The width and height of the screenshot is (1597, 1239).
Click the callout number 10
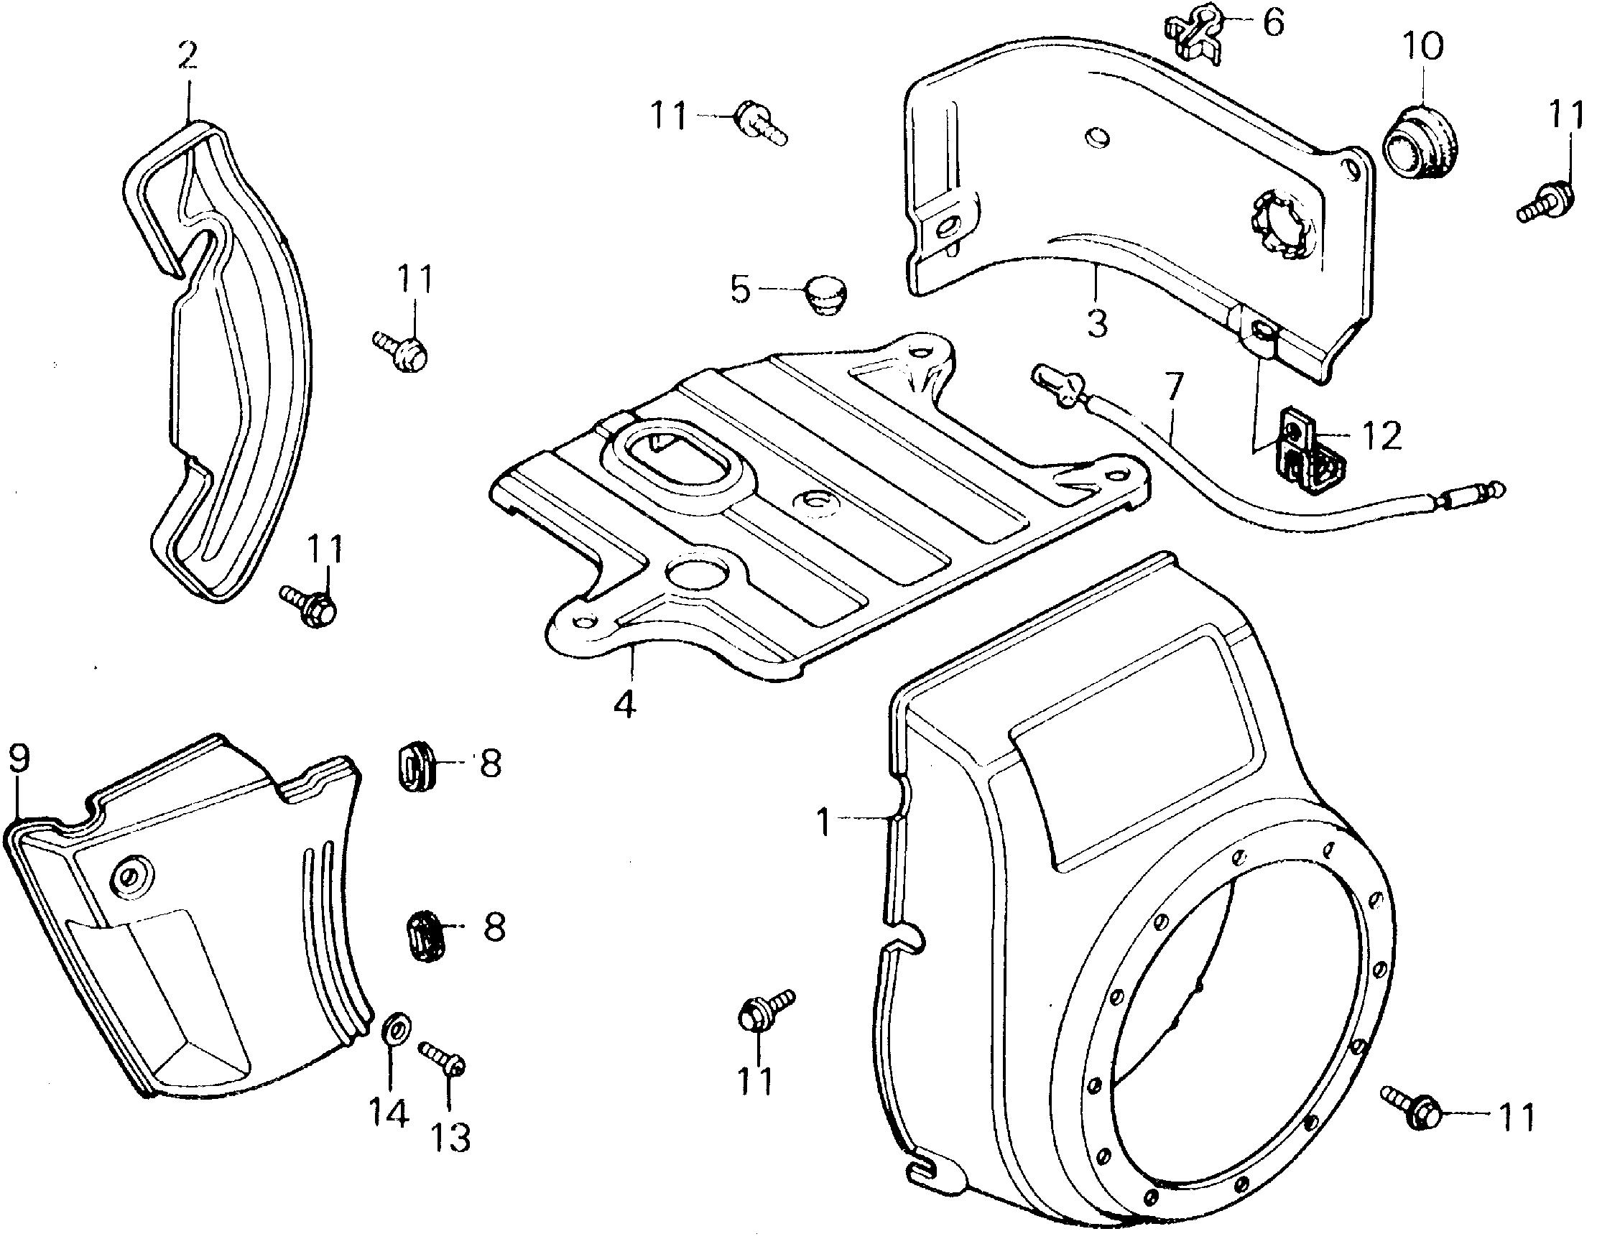(1422, 47)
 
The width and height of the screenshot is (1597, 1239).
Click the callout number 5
(740, 290)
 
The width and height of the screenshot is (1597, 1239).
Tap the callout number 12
(1381, 437)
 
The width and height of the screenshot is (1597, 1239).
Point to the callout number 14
(387, 1114)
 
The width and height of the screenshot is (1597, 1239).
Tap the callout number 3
(1097, 322)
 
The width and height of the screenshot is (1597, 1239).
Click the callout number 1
(824, 822)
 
